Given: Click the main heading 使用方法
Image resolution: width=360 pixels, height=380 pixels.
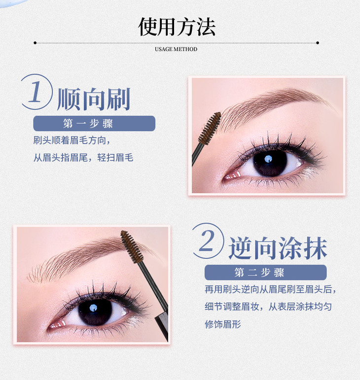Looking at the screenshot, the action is click(177, 27).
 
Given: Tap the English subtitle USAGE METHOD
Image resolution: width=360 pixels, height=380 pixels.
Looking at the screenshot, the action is click(176, 49).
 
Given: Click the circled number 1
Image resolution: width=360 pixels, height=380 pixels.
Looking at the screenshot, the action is click(36, 92).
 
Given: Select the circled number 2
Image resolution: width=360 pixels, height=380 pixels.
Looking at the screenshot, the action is click(208, 241).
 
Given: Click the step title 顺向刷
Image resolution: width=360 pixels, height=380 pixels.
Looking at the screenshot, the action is click(94, 99).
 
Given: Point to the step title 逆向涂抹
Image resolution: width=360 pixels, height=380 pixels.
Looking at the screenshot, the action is click(278, 248).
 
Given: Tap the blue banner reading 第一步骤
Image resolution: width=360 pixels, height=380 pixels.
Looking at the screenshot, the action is click(94, 123).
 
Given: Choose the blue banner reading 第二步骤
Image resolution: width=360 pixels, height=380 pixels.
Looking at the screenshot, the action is click(265, 273).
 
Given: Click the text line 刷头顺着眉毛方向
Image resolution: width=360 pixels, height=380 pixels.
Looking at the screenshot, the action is click(72, 140).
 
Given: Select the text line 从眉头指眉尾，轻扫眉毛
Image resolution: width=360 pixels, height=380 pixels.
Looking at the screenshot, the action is click(83, 158).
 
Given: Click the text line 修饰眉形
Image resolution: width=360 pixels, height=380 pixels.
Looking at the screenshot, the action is click(222, 324).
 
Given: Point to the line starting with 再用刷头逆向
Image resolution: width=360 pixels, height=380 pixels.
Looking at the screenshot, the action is click(270, 289).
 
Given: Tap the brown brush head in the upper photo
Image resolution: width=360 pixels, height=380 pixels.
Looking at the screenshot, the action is click(210, 128).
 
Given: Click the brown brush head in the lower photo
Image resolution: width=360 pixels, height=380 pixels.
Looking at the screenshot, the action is click(132, 247).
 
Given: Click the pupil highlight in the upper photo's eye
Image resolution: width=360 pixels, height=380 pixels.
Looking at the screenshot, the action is click(268, 159).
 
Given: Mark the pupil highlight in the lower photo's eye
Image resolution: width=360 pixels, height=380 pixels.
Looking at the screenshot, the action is click(93, 308).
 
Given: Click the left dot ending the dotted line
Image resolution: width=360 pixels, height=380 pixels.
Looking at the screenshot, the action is click(35, 43).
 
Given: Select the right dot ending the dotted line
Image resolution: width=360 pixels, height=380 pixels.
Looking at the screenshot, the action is click(318, 43).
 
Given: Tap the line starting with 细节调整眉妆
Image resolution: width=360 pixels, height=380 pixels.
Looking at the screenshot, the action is click(268, 307).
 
